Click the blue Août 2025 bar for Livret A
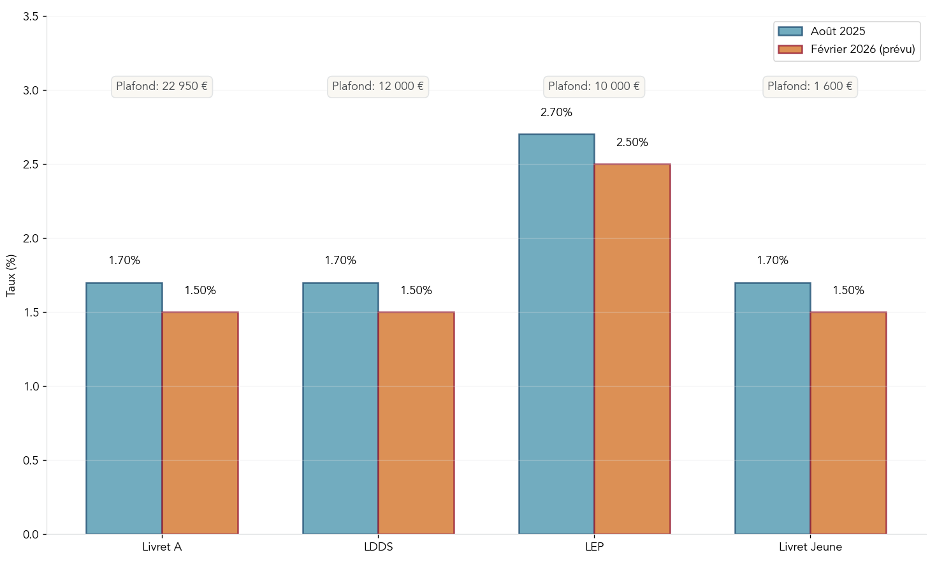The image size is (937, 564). pos(124,408)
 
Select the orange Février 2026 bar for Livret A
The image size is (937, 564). pos(200,423)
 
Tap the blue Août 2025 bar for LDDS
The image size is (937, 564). pos(340,408)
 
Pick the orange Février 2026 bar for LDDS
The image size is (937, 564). pos(416,423)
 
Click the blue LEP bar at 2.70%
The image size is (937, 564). pos(556,334)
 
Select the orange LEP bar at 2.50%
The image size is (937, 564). pos(632,349)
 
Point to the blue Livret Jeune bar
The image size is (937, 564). pos(773,408)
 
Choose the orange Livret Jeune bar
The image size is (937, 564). pos(848,423)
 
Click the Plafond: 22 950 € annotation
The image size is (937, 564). pos(162,86)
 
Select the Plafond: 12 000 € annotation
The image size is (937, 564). pos(378,86)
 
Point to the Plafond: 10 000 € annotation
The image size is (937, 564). pos(594,86)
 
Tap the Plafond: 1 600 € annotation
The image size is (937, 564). pos(810,86)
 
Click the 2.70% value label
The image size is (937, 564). pos(556,112)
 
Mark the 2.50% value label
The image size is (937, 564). pos(632,142)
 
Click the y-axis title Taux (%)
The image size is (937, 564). pos(11,275)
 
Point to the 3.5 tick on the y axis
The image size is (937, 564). pos(31,17)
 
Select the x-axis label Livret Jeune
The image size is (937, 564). pos(810,547)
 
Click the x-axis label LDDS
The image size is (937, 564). pos(378,547)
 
